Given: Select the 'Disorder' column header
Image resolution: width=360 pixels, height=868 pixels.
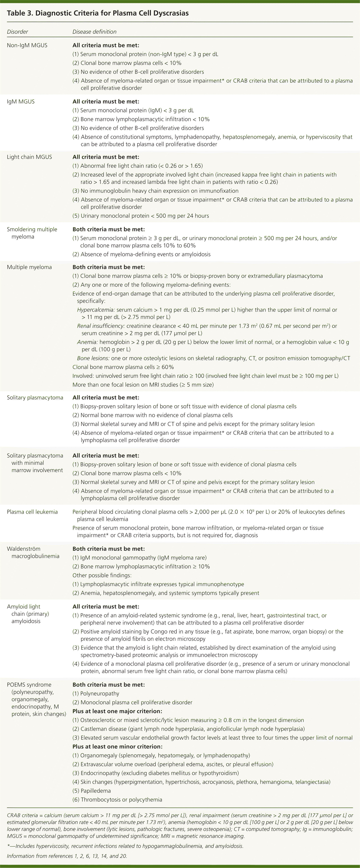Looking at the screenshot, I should tap(17, 32).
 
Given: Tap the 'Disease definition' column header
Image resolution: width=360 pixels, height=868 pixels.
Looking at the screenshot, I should tap(94, 32).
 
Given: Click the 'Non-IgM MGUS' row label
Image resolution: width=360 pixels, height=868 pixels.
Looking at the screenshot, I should tap(27, 45).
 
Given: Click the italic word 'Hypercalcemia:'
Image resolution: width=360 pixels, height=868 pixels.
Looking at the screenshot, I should tap(96, 310).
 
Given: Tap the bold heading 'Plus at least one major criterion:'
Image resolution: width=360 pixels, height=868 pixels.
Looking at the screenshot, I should tap(117, 711).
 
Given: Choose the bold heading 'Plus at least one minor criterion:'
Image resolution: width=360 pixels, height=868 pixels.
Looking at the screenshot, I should tap(117, 746).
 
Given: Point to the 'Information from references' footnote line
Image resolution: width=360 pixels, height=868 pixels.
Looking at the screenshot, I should tap(67, 856).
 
